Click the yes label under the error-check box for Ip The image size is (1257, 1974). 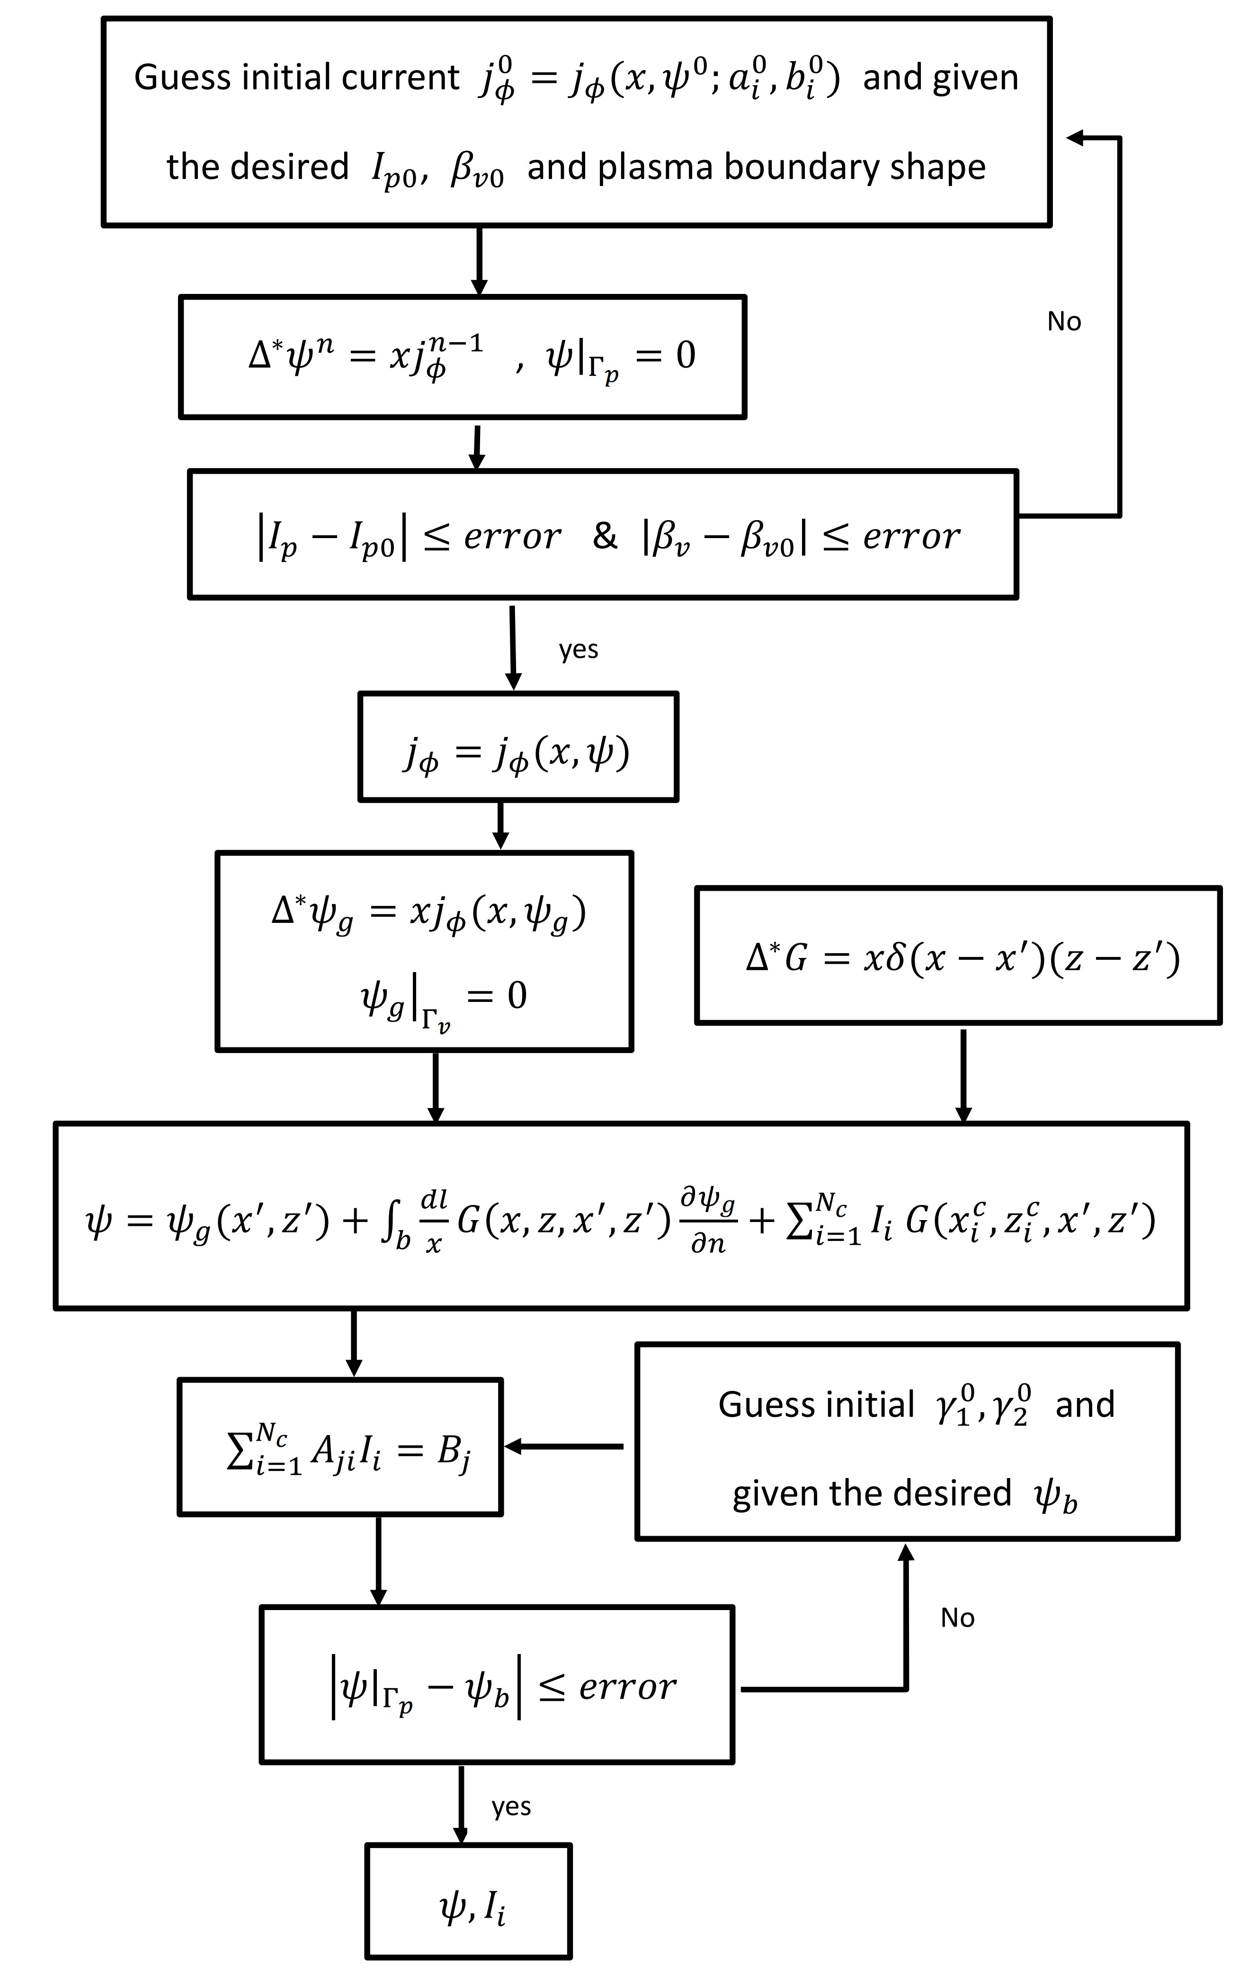pyautogui.click(x=578, y=649)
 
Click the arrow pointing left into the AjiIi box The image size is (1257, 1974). pyautogui.click(x=566, y=1447)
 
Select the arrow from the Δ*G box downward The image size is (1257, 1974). pyautogui.click(x=963, y=1074)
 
